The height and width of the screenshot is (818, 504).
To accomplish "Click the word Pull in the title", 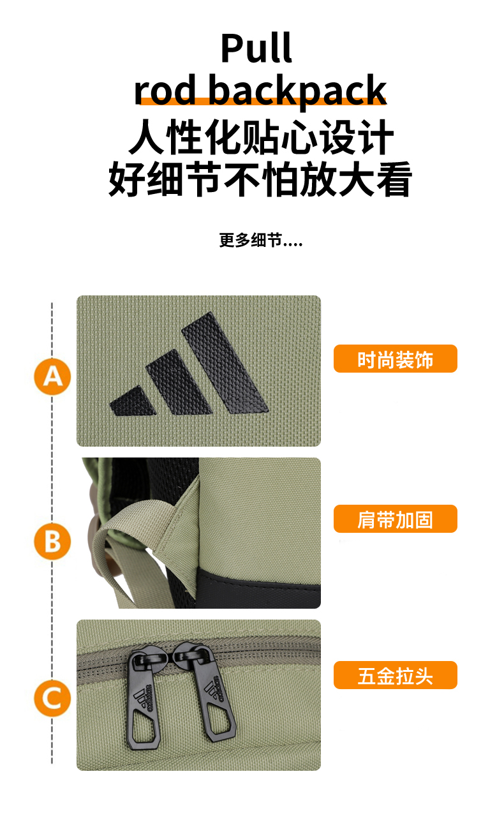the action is pos(256,48).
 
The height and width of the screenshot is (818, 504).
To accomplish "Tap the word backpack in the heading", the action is pos(297,90).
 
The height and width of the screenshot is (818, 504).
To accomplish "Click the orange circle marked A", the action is pos(52,376).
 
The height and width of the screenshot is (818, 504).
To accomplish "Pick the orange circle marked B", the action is pos(52,541).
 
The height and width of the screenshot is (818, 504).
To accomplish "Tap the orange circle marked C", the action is pos(52,698).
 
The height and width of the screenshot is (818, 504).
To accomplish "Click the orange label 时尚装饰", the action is pos(395,359).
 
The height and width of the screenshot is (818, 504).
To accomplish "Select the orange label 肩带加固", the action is pos(395,519).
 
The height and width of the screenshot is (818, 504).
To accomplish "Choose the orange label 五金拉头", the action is pos(395,675).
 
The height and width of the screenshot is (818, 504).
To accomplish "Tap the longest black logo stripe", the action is pos(225,363).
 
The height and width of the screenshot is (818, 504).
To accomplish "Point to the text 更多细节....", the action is pos(251,241).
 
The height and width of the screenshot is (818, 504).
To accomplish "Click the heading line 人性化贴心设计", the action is pos(261,137).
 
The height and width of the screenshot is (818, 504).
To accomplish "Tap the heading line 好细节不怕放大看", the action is pos(260,179).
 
